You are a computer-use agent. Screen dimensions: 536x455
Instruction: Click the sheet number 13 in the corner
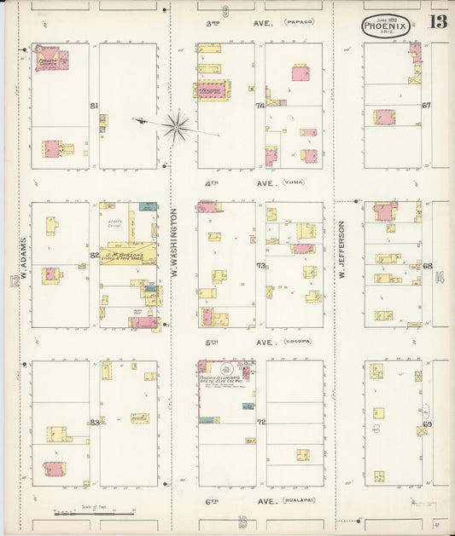437,24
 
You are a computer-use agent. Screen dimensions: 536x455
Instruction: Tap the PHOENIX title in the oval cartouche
386,26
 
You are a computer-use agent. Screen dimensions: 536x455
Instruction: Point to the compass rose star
177,126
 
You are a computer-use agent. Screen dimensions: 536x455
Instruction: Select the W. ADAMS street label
26,262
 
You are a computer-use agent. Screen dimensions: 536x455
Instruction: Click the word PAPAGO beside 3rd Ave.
300,21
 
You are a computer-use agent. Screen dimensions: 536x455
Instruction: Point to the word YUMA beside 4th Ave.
294,182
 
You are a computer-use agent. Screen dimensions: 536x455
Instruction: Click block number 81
94,106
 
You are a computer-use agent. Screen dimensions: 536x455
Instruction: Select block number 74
260,107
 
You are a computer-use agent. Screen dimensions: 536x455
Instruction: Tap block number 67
426,106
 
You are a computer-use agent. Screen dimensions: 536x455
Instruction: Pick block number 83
94,422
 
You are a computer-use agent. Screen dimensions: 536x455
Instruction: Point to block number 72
261,422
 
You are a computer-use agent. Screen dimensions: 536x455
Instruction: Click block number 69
426,424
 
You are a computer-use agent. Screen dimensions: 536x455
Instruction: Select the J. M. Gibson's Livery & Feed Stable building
127,254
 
